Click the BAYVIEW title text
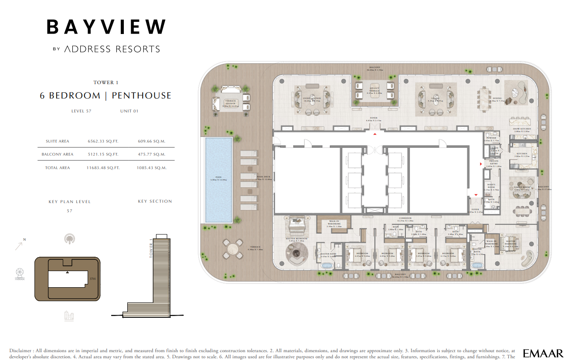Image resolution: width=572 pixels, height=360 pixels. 106,27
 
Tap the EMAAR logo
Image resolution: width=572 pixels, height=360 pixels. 543,353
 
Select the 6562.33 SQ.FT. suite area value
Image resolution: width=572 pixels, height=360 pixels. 103,141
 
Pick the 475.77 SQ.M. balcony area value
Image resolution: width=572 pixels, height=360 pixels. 151,154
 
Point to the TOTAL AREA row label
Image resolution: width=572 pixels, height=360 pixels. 58,168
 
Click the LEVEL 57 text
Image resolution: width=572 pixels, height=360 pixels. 81,111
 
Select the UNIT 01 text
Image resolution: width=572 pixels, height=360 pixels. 129,111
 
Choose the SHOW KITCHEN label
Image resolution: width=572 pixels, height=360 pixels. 521,129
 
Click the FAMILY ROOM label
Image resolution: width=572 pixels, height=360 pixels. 521,187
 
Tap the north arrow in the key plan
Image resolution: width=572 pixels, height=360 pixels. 19,245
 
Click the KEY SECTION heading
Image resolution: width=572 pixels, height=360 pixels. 155,201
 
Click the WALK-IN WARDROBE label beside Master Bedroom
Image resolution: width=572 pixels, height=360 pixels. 334,223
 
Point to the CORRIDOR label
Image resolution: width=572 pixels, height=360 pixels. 405,218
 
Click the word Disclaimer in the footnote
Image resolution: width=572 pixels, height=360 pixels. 20,350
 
